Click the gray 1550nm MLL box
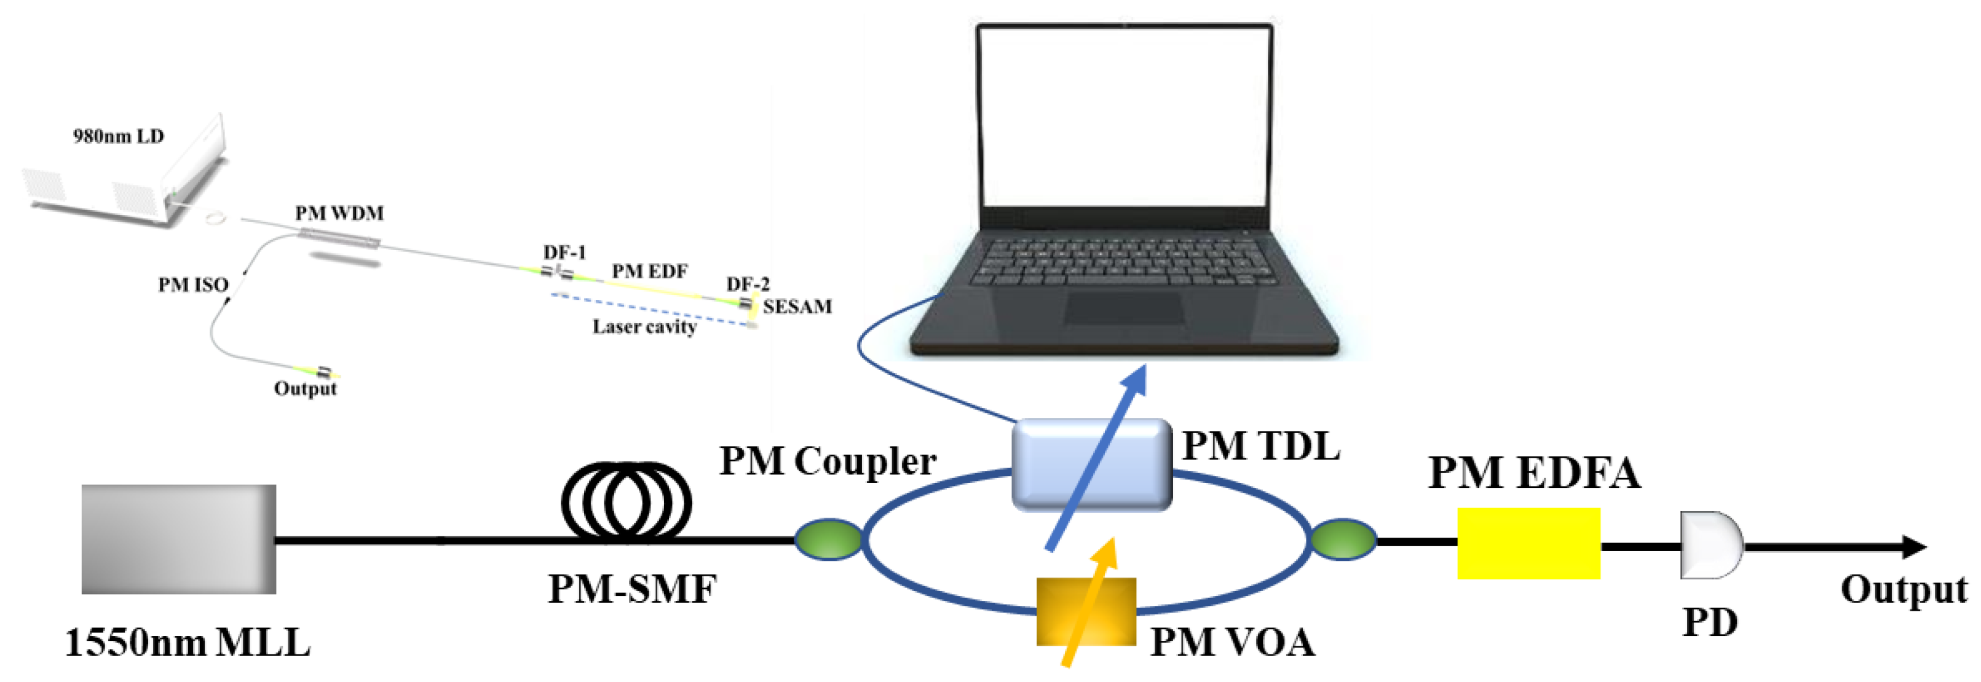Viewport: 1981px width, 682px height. pos(178,539)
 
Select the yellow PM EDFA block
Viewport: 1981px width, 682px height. pos(1528,543)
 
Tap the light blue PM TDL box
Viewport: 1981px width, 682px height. pos(1091,464)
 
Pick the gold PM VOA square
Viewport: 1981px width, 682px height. pos(1085,611)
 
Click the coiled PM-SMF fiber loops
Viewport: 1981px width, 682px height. pos(626,500)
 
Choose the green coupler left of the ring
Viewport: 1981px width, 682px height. pos(828,539)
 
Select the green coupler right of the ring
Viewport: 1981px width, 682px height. pos(1342,539)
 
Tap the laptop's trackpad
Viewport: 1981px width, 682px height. pos(1123,308)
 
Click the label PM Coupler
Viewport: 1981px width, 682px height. pos(828,461)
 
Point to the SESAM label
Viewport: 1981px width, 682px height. pos(797,306)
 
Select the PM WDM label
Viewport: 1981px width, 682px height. pos(339,213)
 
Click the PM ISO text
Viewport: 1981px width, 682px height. pos(193,284)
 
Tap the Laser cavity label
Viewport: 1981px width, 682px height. pos(644,327)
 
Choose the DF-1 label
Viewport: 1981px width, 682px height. pos(564,252)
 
